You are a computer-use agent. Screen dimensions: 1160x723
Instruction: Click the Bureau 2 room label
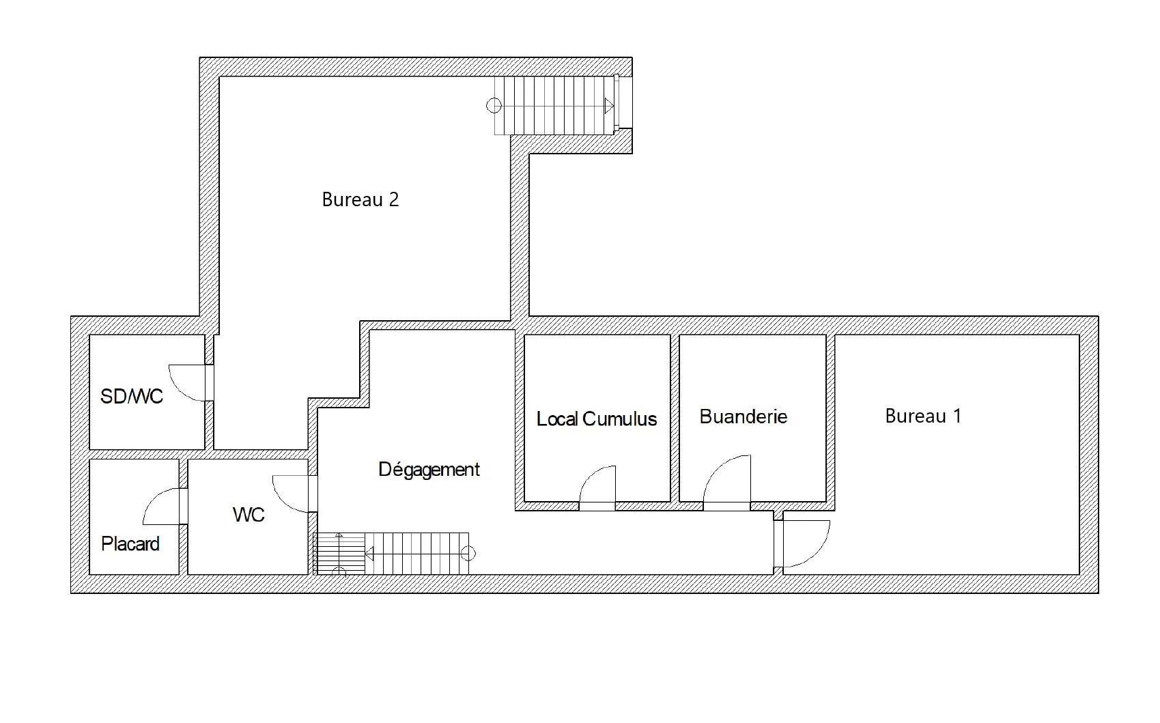(360, 199)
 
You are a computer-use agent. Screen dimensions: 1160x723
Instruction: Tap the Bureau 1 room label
(923, 416)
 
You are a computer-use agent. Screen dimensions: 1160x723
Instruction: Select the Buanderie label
(743, 416)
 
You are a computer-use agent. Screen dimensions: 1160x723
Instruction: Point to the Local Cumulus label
(597, 419)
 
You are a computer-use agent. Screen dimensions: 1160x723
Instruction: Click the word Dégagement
(429, 470)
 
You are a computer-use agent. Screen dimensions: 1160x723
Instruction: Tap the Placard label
(130, 544)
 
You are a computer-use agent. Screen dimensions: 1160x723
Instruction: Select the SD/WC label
(132, 396)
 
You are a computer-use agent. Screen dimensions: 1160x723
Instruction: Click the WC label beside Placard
(249, 514)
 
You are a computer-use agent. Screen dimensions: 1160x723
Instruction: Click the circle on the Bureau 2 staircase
(494, 106)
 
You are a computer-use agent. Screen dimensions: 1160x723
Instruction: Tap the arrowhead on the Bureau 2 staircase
(610, 107)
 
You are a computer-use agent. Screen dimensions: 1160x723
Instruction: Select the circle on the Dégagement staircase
(468, 554)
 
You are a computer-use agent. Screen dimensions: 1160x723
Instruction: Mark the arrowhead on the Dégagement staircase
(370, 554)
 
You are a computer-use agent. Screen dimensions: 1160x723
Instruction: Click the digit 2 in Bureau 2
(393, 199)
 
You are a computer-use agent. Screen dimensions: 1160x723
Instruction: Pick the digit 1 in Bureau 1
(957, 416)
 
